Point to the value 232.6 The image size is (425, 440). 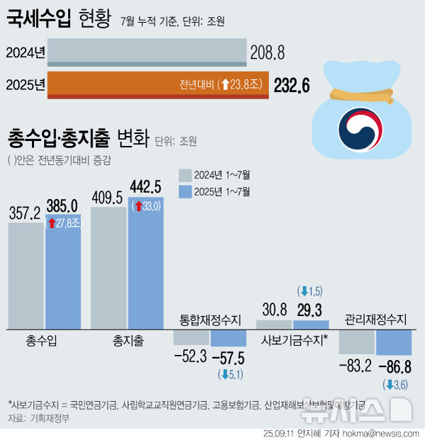point(292,86)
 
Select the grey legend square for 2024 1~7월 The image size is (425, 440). point(185,175)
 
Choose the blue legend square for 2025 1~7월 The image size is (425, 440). point(185,191)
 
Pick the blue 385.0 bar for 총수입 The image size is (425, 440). point(63,276)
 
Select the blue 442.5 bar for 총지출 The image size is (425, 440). point(146,269)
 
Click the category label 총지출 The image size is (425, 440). point(127,342)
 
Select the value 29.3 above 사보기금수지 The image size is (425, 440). point(310,310)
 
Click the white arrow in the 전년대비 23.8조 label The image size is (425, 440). point(225,85)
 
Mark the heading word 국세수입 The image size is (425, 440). point(39,18)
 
